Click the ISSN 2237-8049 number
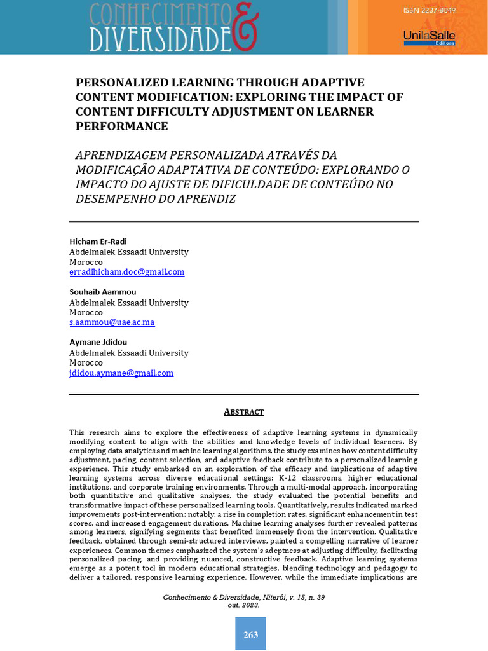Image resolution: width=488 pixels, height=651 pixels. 430,11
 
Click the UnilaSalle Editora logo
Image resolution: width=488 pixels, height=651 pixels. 429,38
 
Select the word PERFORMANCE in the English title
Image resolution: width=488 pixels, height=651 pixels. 122,126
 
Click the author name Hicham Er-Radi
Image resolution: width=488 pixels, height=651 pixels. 98,242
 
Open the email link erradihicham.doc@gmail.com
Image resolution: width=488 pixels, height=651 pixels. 126,271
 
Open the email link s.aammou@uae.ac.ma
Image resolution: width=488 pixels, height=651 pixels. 112,322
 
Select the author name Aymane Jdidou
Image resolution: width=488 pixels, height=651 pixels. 98,342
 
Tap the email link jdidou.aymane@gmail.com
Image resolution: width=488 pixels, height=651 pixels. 121,373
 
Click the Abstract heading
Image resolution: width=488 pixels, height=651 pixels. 244,412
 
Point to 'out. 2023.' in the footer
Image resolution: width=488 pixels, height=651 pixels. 244,605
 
